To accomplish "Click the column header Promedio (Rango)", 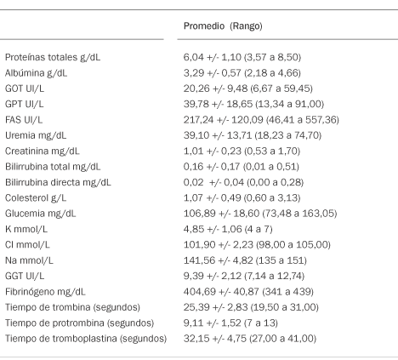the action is pyautogui.click(x=223, y=26).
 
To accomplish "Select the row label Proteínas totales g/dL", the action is pyautogui.click(x=53, y=57).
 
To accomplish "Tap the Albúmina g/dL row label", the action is pyautogui.click(x=36, y=73).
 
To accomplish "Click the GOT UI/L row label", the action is pyautogui.click(x=25, y=89).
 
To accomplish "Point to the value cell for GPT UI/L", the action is pyautogui.click(x=253, y=104).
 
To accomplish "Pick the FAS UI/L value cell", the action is pyautogui.click(x=261, y=120).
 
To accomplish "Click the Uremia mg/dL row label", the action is pyautogui.click(x=36, y=135).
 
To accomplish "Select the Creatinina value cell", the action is pyautogui.click(x=242, y=151).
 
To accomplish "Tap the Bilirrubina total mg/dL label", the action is pyautogui.click(x=53, y=167).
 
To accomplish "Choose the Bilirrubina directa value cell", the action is pyautogui.click(x=243, y=182).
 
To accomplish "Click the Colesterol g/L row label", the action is pyautogui.click(x=36, y=197).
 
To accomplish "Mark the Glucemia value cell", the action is pyautogui.click(x=260, y=214).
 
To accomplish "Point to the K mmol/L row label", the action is pyautogui.click(x=26, y=229).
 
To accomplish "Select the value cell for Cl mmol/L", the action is pyautogui.click(x=257, y=244).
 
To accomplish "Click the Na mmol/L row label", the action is pyautogui.click(x=29, y=260).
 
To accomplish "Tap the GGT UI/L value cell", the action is pyautogui.click(x=244, y=276).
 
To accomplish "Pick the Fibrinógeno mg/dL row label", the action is pyautogui.click(x=45, y=292).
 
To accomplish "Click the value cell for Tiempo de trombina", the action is pyautogui.click(x=251, y=307).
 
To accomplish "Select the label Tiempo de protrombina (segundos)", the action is pyautogui.click(x=79, y=323).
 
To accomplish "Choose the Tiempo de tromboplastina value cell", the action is pyautogui.click(x=250, y=339).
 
